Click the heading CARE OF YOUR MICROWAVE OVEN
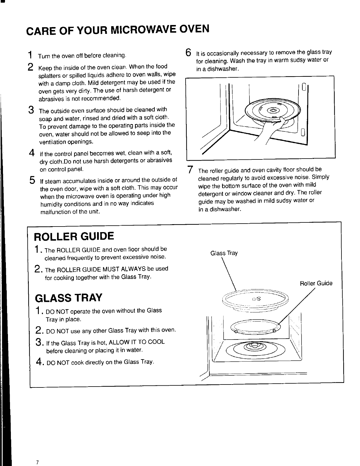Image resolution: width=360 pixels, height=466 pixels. point(118,30)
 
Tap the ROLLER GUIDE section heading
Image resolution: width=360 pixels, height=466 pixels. point(74,236)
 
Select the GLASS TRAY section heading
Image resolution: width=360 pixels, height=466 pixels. point(68,298)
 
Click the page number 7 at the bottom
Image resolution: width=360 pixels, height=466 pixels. point(37,462)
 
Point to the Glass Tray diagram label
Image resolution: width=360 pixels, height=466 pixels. point(224,253)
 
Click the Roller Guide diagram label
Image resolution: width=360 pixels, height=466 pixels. point(316,283)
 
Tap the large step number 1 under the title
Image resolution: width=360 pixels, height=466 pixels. point(30,55)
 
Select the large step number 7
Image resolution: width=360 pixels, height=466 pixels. point(190,170)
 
